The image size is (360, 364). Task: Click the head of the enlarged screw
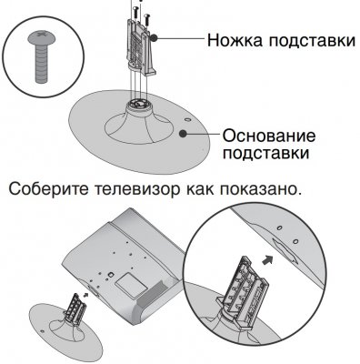click(x=42, y=38)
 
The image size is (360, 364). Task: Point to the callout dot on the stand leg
click(x=157, y=39)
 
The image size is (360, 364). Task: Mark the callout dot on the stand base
click(x=184, y=134)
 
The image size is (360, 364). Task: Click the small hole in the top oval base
click(x=186, y=116)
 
